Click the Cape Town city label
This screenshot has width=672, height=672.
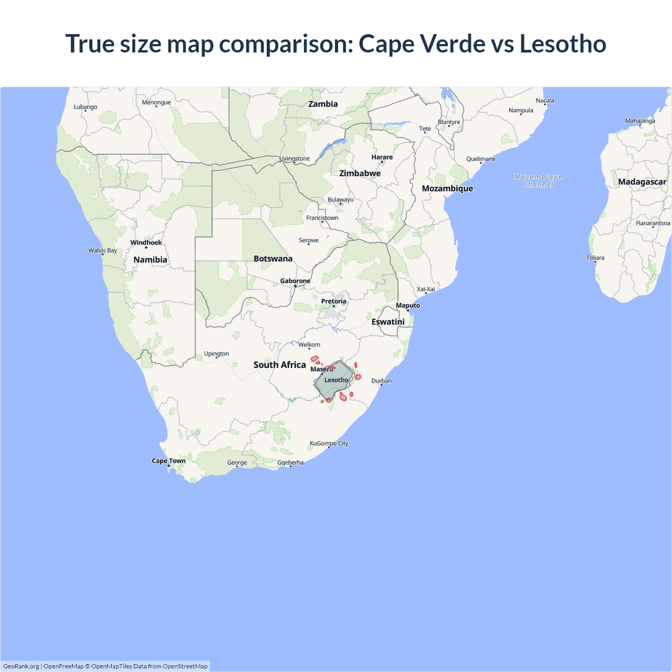[169, 461]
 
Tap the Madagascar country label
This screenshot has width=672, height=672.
[642, 182]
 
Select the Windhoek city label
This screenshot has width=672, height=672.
[146, 243]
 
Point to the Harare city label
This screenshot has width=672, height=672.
[382, 157]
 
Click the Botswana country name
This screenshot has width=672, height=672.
[273, 259]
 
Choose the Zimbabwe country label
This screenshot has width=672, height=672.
[360, 173]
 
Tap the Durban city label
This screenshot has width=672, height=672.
[381, 381]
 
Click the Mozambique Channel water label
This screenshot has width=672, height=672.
[538, 181]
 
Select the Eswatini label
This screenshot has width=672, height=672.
[388, 322]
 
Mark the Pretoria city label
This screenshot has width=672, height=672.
[333, 301]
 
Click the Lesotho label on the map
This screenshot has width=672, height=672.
[336, 380]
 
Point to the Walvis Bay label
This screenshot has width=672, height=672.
[102, 250]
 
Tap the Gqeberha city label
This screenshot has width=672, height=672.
[290, 463]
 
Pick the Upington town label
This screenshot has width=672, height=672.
[216, 354]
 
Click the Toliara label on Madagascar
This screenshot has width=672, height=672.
[595, 258]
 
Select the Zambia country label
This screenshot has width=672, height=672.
[323, 104]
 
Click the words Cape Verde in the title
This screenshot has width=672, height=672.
[422, 44]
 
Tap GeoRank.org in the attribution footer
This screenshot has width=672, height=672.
[21, 666]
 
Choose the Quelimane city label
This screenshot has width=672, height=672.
[480, 159]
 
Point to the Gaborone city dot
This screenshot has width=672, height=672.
[295, 286]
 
